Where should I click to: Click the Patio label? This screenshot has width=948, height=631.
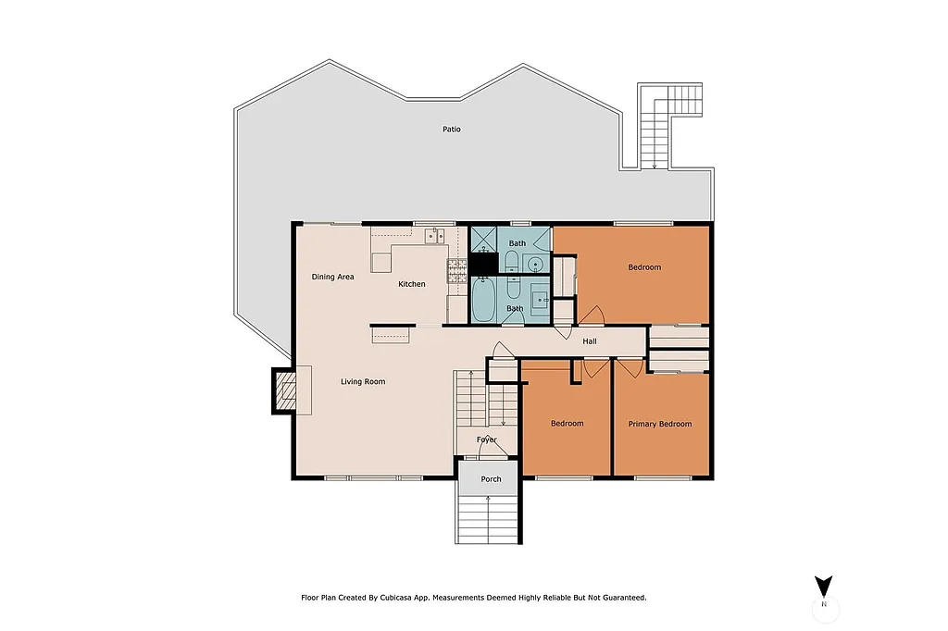tap(451, 130)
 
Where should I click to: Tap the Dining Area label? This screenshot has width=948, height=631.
tap(332, 277)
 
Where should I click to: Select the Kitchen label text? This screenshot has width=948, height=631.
tap(412, 284)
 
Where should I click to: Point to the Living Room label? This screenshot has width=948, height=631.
tap(363, 381)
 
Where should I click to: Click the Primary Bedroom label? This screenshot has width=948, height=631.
tap(660, 424)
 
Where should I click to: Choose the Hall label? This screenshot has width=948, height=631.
tap(590, 341)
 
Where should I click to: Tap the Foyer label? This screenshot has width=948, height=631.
tap(487, 439)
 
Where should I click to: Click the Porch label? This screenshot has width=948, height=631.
tap(491, 479)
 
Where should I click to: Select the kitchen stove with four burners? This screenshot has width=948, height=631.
tap(457, 270)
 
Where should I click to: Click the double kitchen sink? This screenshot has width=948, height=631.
tap(435, 237)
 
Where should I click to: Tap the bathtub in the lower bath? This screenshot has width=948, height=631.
tap(484, 300)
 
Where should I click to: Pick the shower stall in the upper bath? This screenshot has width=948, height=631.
tap(484, 240)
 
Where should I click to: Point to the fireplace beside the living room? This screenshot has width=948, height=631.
tap(285, 390)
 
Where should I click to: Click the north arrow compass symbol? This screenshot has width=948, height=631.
tap(823, 588)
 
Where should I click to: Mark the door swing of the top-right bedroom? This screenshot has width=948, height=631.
tap(592, 315)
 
